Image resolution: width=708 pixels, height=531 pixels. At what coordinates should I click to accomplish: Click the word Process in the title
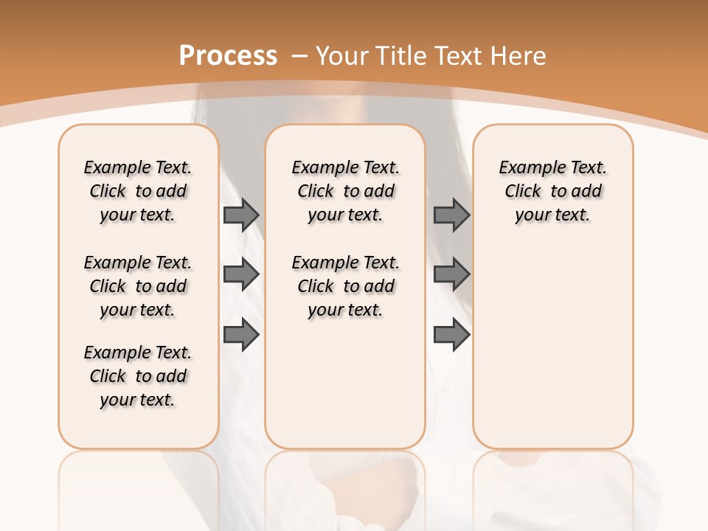(x=228, y=55)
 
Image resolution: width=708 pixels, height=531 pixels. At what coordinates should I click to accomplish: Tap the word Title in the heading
(x=402, y=55)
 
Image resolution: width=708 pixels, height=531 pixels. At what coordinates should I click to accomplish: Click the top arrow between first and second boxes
(x=240, y=215)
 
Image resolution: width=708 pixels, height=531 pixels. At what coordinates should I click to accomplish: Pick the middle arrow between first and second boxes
(x=240, y=274)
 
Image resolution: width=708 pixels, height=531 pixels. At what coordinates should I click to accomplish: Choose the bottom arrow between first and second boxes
(x=240, y=334)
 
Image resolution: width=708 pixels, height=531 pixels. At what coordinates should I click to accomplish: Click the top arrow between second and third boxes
(x=451, y=215)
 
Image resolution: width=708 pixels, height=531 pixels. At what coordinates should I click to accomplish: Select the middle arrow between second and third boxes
(x=451, y=274)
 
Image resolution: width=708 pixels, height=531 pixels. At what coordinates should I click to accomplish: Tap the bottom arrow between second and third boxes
(x=451, y=334)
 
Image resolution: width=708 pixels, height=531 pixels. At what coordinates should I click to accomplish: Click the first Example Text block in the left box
(x=138, y=191)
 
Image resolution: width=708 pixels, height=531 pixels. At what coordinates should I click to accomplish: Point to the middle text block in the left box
(x=138, y=286)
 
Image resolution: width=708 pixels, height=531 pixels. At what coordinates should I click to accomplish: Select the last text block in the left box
(x=138, y=376)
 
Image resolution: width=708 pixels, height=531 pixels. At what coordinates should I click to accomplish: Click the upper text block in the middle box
(x=346, y=191)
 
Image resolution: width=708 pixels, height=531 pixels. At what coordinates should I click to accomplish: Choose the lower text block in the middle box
(x=346, y=286)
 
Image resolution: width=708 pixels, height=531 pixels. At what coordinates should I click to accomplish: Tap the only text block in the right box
(x=553, y=191)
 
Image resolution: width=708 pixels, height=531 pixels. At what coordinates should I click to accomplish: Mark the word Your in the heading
(x=344, y=55)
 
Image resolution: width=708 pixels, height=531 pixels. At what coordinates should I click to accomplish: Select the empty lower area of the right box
(x=553, y=347)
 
